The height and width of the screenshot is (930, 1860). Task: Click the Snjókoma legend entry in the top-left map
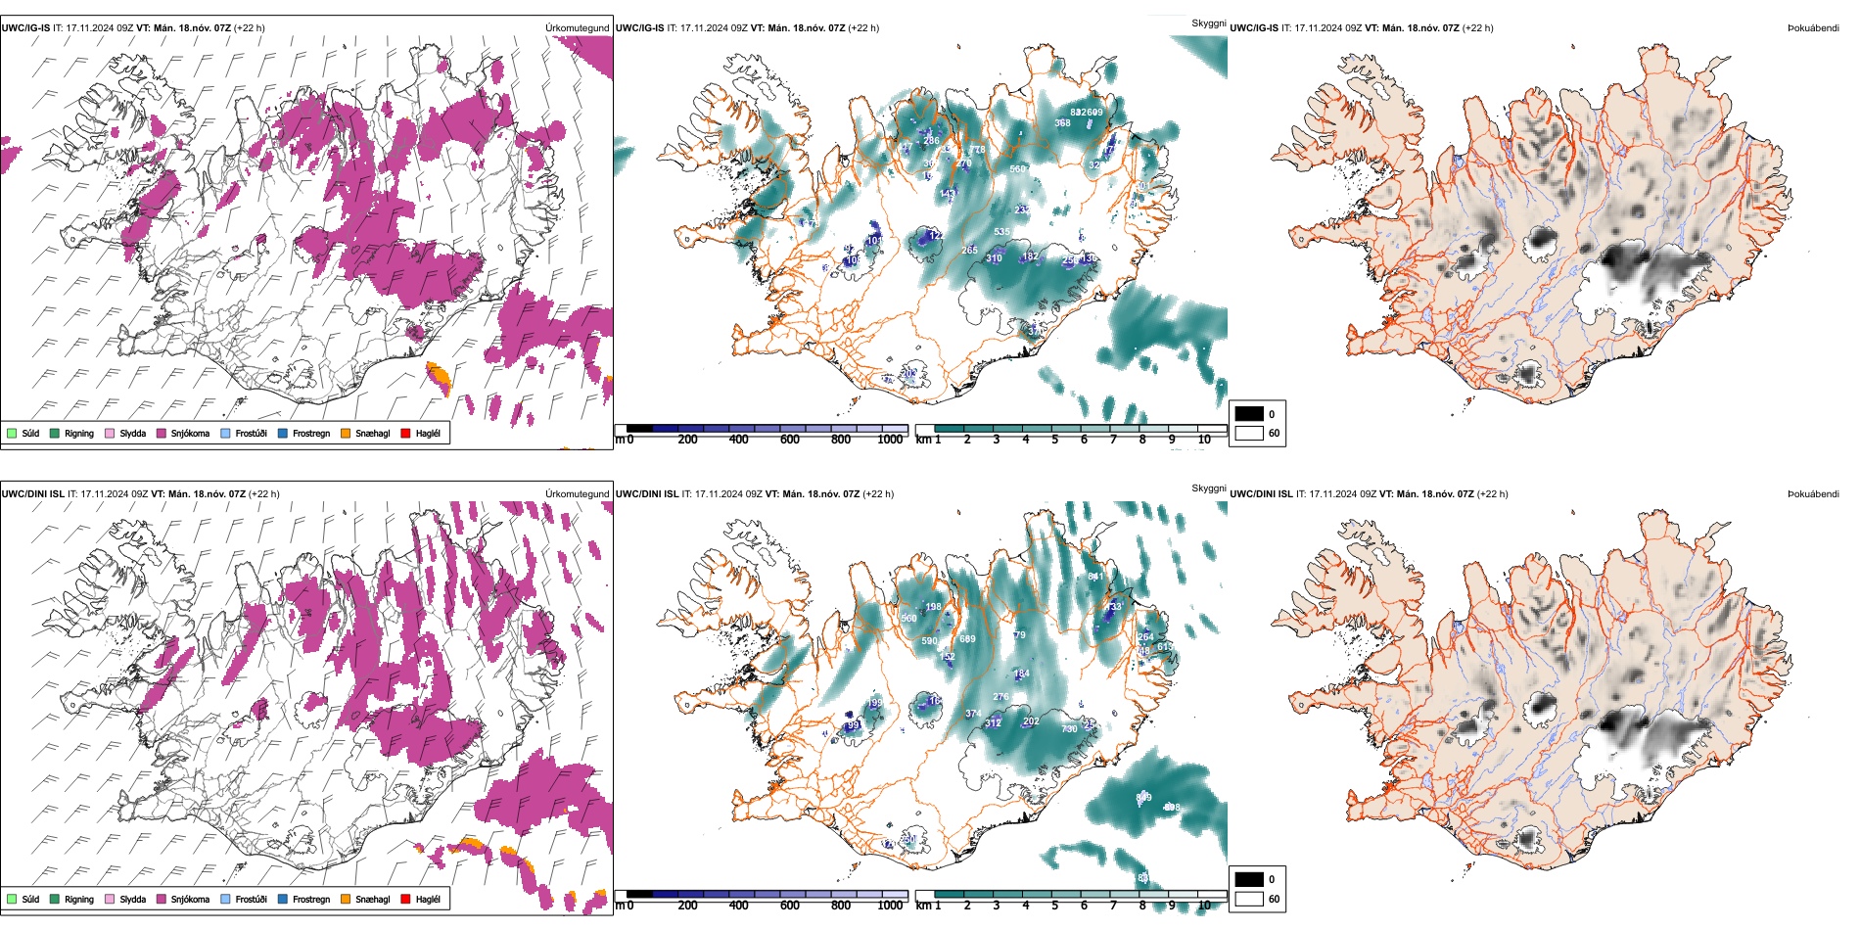[x=190, y=434]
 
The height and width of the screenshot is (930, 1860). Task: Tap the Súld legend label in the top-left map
[x=30, y=434]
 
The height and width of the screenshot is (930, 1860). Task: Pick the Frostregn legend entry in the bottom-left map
[x=310, y=900]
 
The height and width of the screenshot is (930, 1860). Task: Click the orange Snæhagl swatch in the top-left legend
[x=346, y=433]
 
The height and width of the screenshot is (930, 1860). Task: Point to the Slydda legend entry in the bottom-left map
[x=132, y=900]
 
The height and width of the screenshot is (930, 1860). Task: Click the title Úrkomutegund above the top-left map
[x=577, y=28]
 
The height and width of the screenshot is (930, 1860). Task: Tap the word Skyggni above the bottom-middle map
[x=1208, y=488]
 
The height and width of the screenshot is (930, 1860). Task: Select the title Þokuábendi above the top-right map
[x=1813, y=28]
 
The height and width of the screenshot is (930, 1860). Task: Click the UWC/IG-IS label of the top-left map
[x=25, y=28]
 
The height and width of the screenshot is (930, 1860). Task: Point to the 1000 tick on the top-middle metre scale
[x=890, y=440]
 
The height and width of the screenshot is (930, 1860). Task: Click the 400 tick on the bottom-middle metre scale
[x=738, y=906]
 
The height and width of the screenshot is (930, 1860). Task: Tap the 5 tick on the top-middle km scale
[x=1054, y=440]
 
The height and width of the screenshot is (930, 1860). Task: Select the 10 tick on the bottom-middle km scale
[x=1204, y=906]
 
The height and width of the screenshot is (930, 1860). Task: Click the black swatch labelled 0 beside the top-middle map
[x=1249, y=414]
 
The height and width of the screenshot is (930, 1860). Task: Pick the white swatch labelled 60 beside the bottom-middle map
[x=1249, y=899]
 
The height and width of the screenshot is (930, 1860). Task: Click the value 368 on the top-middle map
[x=1062, y=123]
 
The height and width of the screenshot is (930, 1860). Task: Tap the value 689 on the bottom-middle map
[x=967, y=639]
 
